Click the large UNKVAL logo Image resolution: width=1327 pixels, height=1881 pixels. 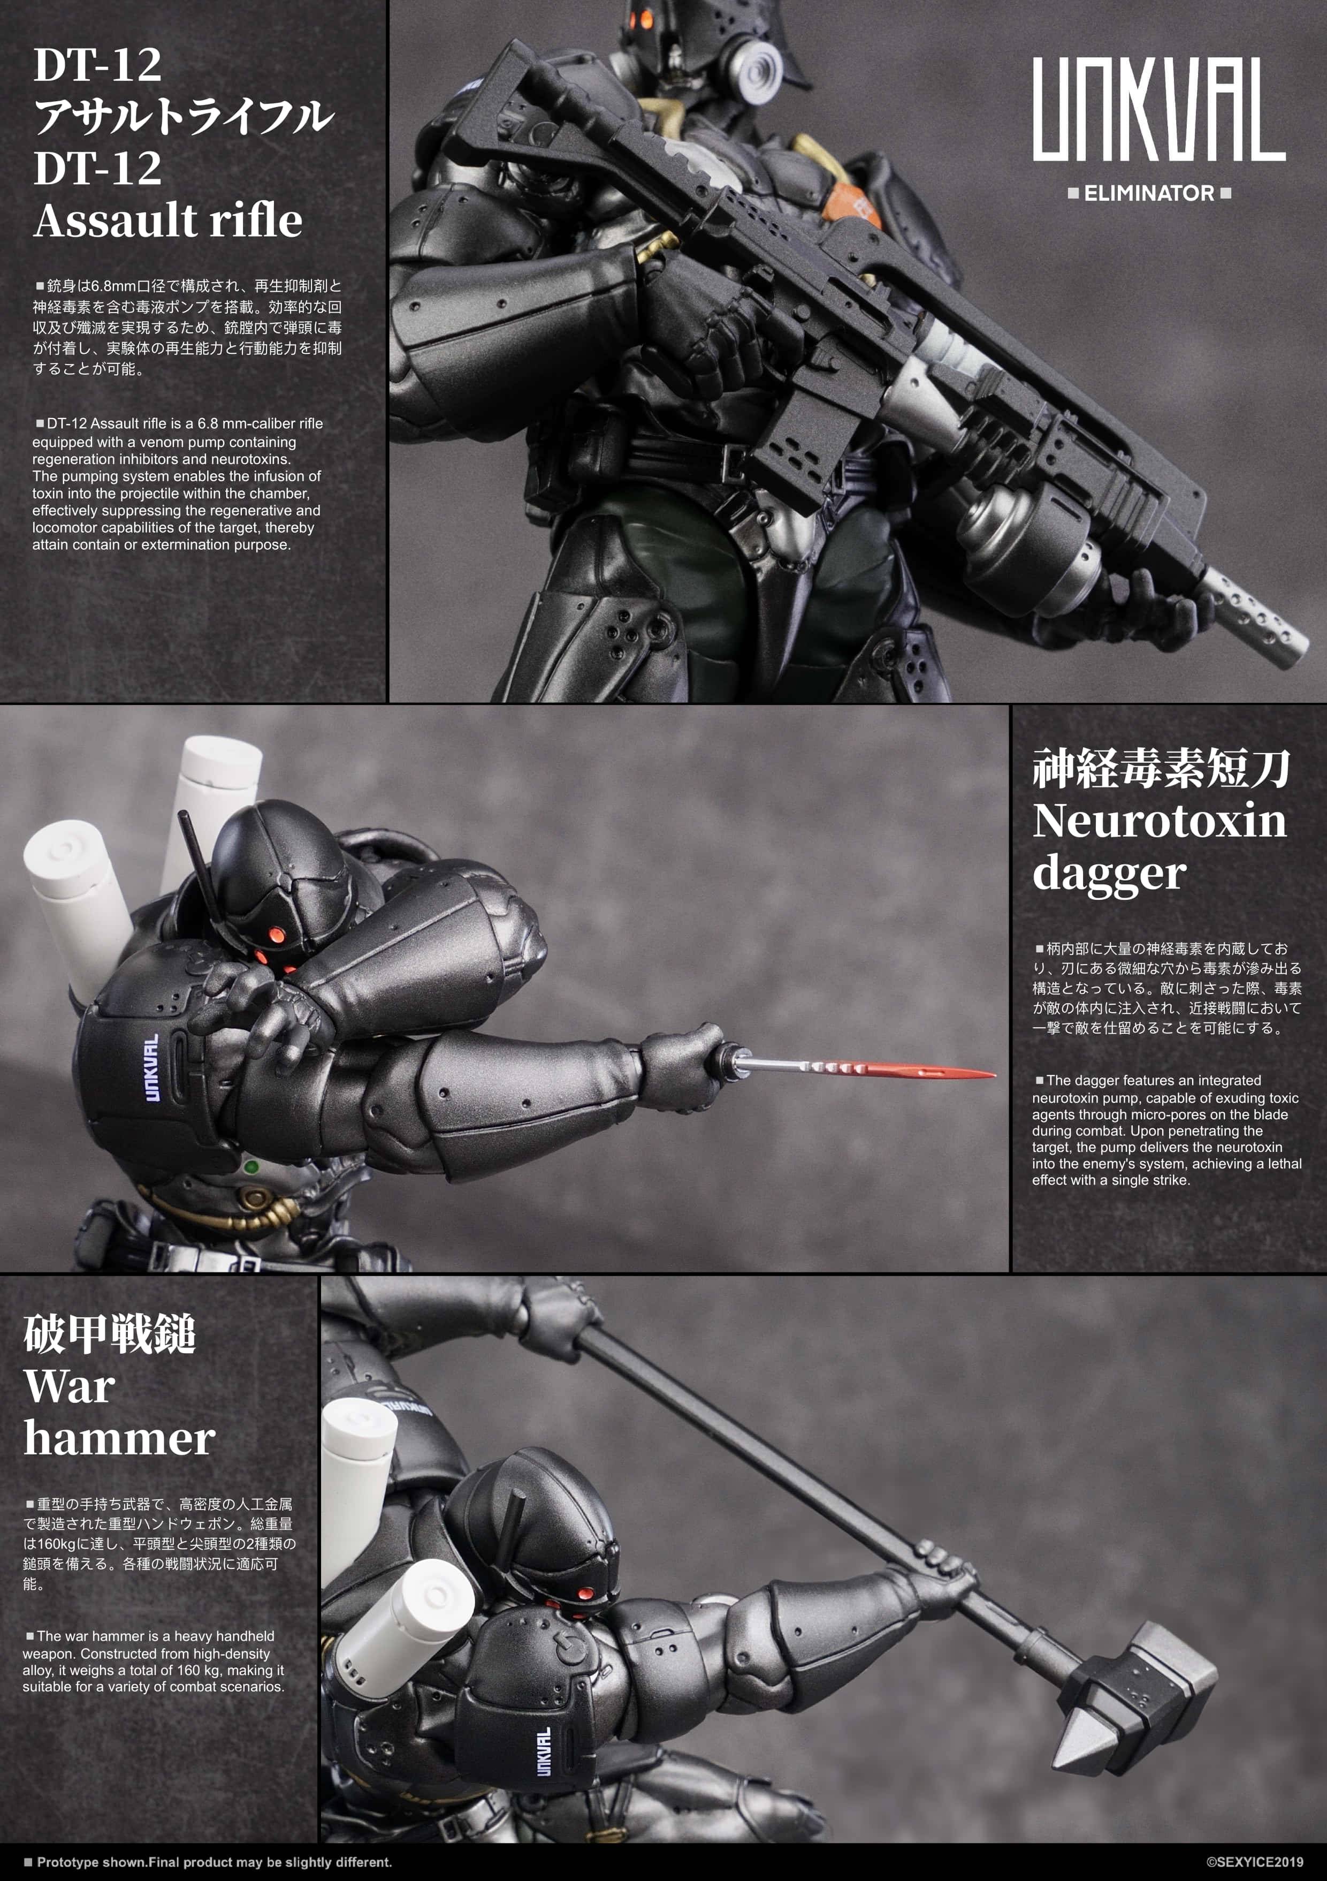point(1157,110)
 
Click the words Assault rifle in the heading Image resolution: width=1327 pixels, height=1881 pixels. point(168,221)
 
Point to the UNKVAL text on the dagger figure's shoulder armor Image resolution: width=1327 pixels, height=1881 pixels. point(151,1067)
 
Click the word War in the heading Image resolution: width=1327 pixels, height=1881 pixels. point(69,1386)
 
